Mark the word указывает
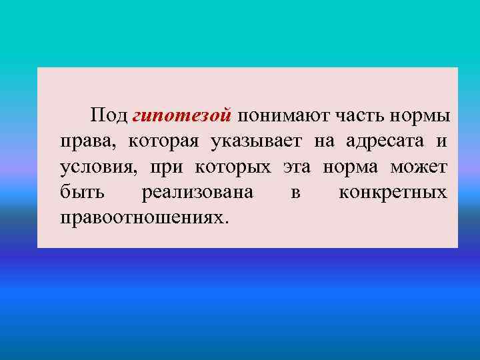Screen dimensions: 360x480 [258, 141]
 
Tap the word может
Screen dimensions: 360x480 [420, 167]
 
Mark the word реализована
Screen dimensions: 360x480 [197, 193]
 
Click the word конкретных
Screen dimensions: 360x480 [393, 193]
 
